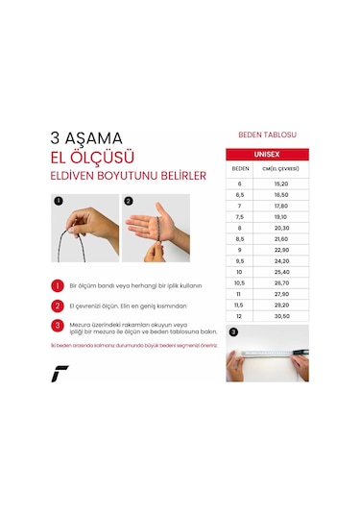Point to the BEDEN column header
pyautogui.click(x=241, y=168)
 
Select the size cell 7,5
pyautogui.click(x=241, y=217)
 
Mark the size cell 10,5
pyautogui.click(x=241, y=283)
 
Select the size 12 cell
pyautogui.click(x=241, y=317)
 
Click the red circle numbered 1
pyautogui.click(x=58, y=285)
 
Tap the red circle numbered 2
pyautogui.click(x=58, y=305)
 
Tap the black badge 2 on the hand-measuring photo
pyautogui.click(x=130, y=203)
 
